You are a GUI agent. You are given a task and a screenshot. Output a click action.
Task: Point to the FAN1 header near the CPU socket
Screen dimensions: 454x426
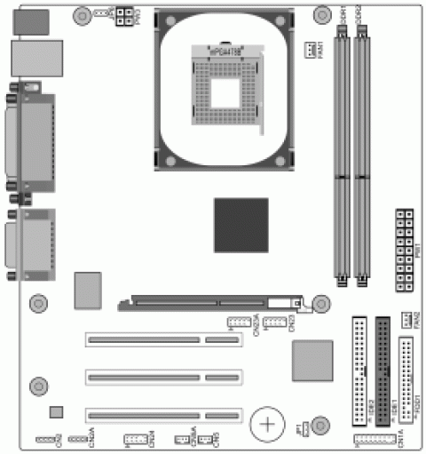(312, 52)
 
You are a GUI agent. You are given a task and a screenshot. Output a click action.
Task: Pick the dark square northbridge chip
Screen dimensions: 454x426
(241, 225)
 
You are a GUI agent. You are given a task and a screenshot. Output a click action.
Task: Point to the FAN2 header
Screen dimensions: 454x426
(408, 319)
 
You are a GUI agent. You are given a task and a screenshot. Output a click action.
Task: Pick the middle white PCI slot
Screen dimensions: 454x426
(164, 377)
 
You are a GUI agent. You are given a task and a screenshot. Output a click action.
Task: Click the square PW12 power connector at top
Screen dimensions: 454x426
(122, 14)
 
